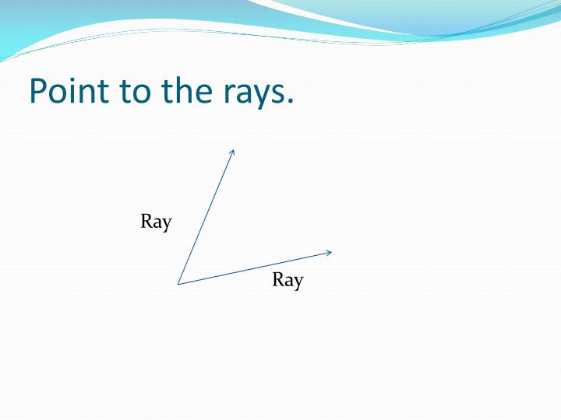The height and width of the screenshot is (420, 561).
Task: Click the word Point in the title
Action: click(x=69, y=91)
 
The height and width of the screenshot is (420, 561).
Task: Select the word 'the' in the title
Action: click(x=184, y=91)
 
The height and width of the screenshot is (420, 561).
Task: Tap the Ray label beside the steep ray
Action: click(x=156, y=222)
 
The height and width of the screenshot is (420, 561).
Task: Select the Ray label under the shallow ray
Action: click(x=288, y=280)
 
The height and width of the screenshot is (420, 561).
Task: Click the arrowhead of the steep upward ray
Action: click(x=232, y=151)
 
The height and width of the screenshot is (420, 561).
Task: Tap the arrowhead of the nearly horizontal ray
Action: click(x=330, y=252)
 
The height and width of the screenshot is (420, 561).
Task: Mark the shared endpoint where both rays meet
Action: click(x=178, y=284)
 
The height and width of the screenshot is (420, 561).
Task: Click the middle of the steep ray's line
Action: click(x=206, y=217)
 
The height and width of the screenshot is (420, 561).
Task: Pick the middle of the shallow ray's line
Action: click(x=255, y=268)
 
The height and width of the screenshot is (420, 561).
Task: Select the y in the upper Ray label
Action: click(x=166, y=224)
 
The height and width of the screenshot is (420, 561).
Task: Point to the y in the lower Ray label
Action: click(x=298, y=282)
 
